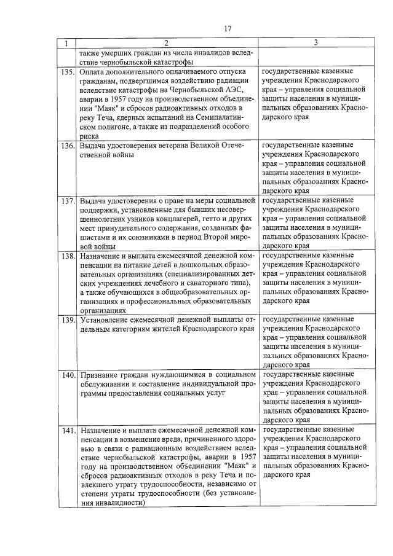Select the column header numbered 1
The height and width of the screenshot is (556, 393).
click(67, 43)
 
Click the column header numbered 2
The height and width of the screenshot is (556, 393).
click(166, 43)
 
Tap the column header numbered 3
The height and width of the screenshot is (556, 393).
click(315, 43)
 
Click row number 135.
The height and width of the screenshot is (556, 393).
click(67, 72)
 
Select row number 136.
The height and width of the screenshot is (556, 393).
click(67, 146)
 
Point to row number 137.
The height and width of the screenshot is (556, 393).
click(67, 201)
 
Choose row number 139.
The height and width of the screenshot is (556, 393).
click(67, 319)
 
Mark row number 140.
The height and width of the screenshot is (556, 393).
click(67, 374)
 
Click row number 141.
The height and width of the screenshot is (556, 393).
click(67, 429)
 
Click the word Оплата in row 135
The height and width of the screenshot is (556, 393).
click(93, 72)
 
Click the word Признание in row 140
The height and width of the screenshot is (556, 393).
click(99, 374)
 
